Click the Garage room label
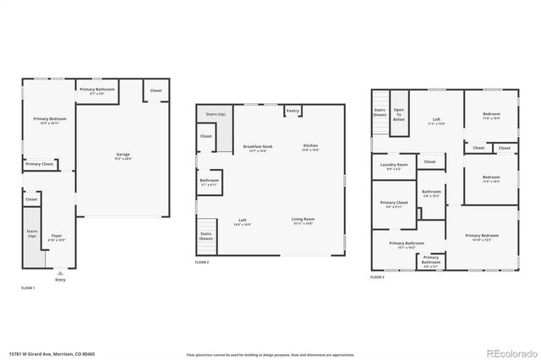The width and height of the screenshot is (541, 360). click(x=123, y=155)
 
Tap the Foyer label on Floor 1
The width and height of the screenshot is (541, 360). click(x=57, y=237)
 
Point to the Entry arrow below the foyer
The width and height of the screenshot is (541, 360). click(x=60, y=275)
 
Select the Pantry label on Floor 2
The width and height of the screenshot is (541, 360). click(x=292, y=111)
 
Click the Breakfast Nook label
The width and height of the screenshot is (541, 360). click(x=257, y=147)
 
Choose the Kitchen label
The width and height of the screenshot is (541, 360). click(x=311, y=147)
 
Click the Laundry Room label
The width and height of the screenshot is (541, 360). click(x=394, y=165)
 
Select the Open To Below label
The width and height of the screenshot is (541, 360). click(x=399, y=115)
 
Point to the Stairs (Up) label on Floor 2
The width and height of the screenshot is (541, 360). click(x=216, y=113)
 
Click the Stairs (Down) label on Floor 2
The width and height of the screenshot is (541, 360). click(x=206, y=237)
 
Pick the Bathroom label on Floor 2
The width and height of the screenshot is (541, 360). click(x=209, y=181)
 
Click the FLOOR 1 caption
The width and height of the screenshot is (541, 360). click(x=29, y=288)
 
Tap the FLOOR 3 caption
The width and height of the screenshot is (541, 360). click(x=378, y=277)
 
